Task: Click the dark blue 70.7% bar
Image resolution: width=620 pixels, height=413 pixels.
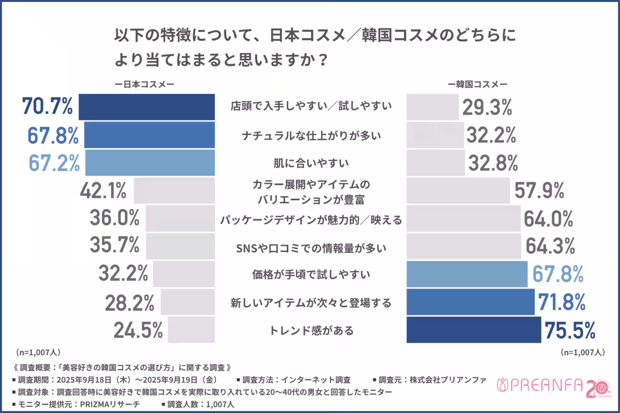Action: click(x=146, y=107)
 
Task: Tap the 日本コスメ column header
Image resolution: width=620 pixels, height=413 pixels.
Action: click(x=144, y=84)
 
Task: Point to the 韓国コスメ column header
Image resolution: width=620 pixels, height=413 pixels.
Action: click(x=478, y=84)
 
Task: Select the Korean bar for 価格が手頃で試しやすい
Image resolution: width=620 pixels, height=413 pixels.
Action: click(x=467, y=274)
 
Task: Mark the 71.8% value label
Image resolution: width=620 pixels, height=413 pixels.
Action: click(x=562, y=301)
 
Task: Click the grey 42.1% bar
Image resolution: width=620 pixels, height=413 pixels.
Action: click(x=174, y=191)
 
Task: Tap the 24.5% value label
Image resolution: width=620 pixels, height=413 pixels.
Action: click(x=138, y=329)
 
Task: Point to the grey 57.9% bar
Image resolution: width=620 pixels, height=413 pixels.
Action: click(x=458, y=191)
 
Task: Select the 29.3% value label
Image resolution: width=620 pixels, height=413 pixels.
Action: click(x=487, y=107)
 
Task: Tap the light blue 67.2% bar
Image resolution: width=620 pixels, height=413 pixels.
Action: click(x=150, y=163)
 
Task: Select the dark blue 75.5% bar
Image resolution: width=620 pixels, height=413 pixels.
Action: click(x=474, y=330)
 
